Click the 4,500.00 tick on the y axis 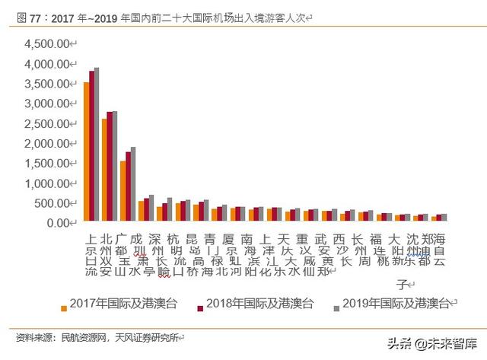[47, 44]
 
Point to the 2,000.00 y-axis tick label [47, 143]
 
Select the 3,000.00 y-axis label [47, 104]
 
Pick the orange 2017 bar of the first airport [86, 152]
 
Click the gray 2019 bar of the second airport [115, 167]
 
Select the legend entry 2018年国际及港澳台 [259, 304]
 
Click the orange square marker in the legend [64, 307]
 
